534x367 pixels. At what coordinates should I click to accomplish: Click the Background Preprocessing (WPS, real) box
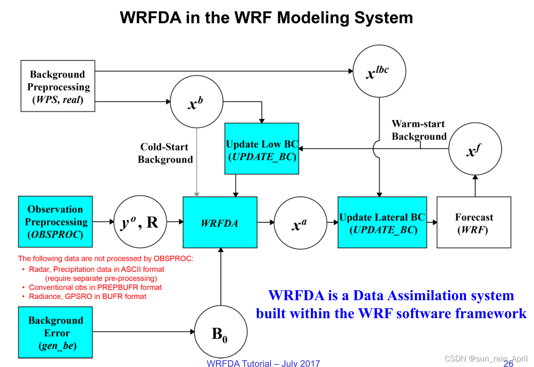(58, 87)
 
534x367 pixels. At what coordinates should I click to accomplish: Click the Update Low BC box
(262, 149)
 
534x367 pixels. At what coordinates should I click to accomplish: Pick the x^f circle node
(475, 150)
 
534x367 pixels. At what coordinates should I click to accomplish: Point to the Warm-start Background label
(419, 130)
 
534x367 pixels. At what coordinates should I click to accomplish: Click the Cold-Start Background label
(165, 153)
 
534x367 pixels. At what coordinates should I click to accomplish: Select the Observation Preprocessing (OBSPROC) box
(55, 222)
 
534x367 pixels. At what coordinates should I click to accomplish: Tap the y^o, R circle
(140, 222)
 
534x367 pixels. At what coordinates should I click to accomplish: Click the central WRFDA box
(220, 223)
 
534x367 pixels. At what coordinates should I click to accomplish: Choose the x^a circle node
(300, 223)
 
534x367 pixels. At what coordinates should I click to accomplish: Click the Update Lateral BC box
(382, 223)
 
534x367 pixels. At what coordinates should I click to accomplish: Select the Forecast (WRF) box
(474, 223)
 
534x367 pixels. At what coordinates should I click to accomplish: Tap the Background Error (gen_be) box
(55, 332)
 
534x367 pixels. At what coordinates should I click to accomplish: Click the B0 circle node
(221, 332)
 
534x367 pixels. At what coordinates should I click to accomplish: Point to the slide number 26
(508, 363)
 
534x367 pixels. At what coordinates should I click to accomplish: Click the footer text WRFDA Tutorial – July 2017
(263, 363)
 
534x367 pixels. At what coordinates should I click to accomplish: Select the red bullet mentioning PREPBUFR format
(95, 287)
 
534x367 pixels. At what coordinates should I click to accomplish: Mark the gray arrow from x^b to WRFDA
(197, 162)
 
